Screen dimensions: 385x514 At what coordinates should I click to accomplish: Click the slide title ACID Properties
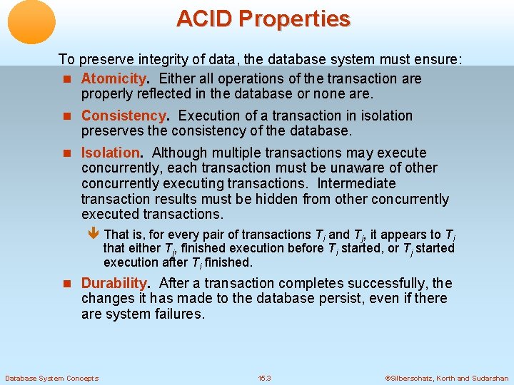[x=263, y=19]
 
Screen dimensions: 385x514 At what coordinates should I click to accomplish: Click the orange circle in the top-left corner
[x=31, y=22]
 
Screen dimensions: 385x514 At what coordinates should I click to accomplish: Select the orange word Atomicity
[x=114, y=78]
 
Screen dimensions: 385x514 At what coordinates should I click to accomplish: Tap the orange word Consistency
[x=124, y=115]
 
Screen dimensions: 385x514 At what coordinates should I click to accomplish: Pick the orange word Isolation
[x=111, y=153]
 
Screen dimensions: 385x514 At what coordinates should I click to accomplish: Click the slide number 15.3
[x=265, y=378]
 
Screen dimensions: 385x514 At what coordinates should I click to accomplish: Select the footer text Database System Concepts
[x=52, y=378]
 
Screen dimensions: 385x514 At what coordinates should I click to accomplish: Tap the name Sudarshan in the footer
[x=490, y=378]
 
